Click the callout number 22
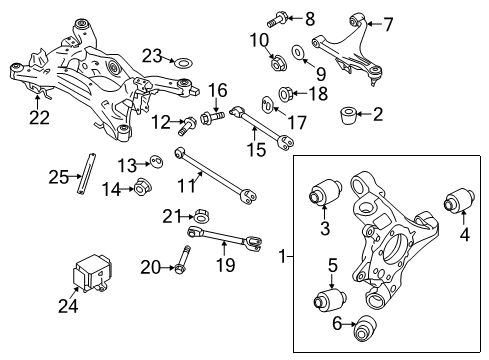[x=38, y=118]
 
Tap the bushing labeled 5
[x=329, y=299]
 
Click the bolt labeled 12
[x=188, y=125]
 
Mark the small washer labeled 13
[x=157, y=162]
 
